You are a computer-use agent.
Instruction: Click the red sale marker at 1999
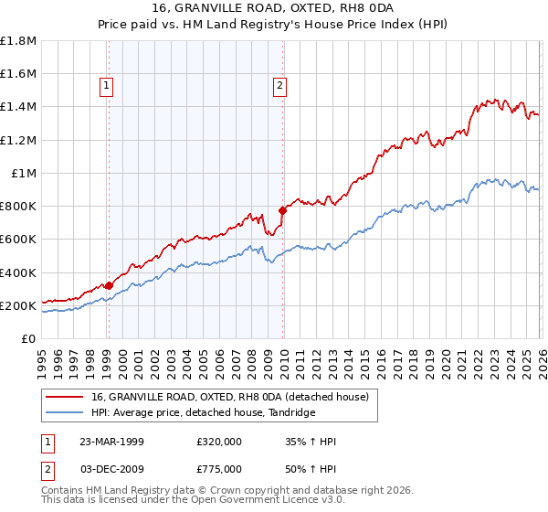[x=109, y=285]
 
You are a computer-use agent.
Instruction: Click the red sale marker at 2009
[x=282, y=210]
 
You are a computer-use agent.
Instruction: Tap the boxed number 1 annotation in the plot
[x=107, y=87]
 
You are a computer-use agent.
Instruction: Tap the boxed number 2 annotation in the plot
[x=279, y=87]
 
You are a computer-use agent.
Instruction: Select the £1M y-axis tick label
[x=24, y=174]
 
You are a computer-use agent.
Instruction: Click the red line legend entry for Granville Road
[x=229, y=397]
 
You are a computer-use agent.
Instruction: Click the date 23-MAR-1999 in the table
[x=111, y=442]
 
